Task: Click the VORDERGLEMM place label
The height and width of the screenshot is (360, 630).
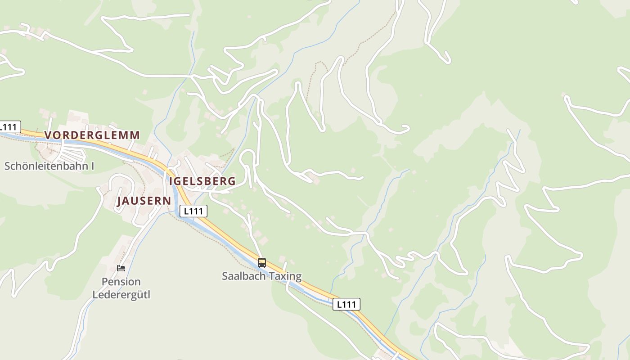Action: pyautogui.click(x=92, y=135)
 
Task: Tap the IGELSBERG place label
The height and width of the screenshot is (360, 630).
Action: pyautogui.click(x=202, y=181)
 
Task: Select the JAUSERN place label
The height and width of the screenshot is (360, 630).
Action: pyautogui.click(x=144, y=201)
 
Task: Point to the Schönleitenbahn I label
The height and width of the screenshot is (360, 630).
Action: pyautogui.click(x=49, y=166)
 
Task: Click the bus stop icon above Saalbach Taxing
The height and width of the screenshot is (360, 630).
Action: pyautogui.click(x=262, y=263)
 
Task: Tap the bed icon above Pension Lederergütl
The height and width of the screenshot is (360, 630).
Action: pyautogui.click(x=121, y=268)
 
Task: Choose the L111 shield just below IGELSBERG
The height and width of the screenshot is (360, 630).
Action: pyautogui.click(x=193, y=211)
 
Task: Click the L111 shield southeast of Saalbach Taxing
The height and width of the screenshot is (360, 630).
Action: pyautogui.click(x=346, y=305)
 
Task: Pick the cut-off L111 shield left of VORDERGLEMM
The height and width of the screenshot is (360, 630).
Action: pyautogui.click(x=9, y=127)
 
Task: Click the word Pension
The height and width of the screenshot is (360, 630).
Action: pyautogui.click(x=121, y=282)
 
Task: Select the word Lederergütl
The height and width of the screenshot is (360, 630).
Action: pyautogui.click(x=121, y=295)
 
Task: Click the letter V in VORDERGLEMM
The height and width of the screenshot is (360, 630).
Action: pyautogui.click(x=48, y=135)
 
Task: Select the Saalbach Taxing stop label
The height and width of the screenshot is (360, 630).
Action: pyautogui.click(x=262, y=276)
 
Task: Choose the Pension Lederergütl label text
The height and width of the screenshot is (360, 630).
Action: pyautogui.click(x=121, y=288)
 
